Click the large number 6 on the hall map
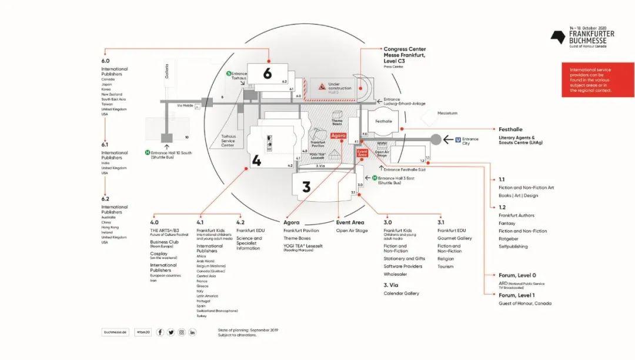pos(268,74)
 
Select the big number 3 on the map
pos(306,187)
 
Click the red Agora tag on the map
pos(338,136)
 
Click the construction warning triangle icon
pos(322,86)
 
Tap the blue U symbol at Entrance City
pos(458,139)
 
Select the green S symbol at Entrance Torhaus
pos(228,74)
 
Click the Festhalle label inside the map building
pos(383,122)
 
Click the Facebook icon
pos(160,332)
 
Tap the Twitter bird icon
pos(171,332)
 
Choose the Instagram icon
pos(182,332)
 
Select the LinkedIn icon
pos(192,332)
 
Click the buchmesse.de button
pos(115,332)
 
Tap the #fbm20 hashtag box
pos(142,332)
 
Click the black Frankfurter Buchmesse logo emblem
pos(558,37)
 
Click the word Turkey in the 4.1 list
pos(202,316)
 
